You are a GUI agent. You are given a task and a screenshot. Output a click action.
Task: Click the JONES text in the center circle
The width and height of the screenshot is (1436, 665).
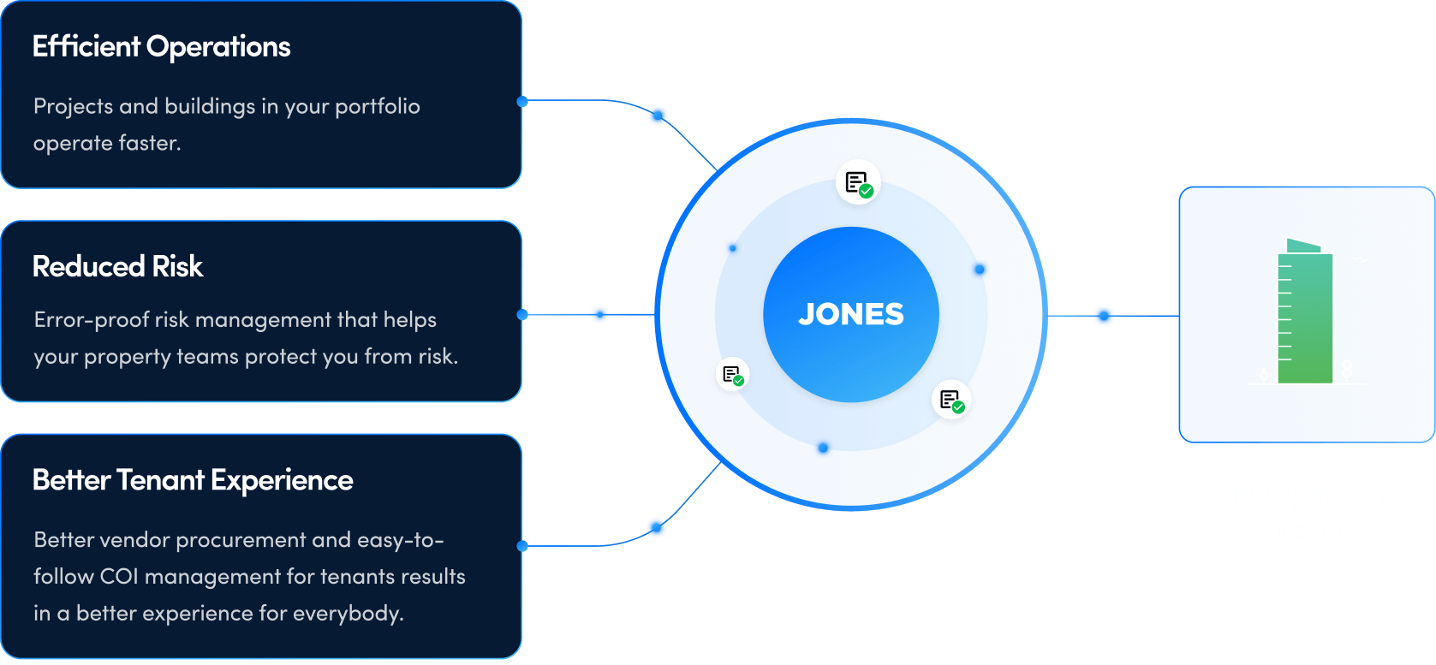point(850,314)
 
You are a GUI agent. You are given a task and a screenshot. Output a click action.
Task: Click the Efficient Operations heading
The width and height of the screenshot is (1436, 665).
point(161,47)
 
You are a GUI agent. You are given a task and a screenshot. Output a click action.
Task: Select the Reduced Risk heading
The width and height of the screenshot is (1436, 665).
point(117,267)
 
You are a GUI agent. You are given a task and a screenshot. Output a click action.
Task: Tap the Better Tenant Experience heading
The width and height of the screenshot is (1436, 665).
point(192,480)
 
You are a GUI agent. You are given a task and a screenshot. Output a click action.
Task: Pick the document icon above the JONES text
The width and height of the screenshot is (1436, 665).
point(858,182)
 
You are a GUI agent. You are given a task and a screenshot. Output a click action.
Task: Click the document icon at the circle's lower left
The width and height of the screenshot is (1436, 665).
point(732,374)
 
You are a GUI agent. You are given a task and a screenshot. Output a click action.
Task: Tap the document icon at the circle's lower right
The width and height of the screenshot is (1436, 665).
point(951,400)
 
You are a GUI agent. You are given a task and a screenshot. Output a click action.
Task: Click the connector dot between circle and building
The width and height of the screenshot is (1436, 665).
point(1104,316)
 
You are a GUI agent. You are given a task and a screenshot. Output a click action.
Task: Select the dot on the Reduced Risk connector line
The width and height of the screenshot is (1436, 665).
point(599,315)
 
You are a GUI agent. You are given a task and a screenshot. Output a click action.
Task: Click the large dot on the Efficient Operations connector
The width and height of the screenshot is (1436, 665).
point(658,116)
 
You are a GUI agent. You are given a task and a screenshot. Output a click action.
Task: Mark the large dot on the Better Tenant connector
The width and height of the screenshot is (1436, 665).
point(656,528)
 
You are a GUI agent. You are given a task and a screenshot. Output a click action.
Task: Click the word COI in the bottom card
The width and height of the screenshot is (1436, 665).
point(119,577)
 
